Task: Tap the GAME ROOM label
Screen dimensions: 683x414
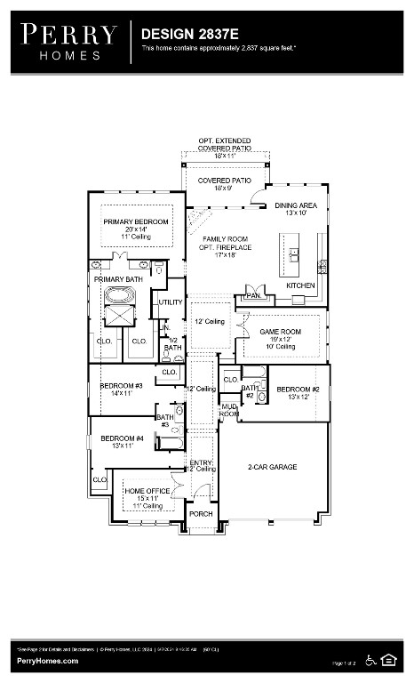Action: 280,332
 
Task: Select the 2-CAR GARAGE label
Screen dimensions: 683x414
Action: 271,466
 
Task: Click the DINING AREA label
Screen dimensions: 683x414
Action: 296,205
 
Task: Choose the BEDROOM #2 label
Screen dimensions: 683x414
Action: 298,390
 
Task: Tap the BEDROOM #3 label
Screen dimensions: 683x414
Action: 115,385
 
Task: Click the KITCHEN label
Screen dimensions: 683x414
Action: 300,285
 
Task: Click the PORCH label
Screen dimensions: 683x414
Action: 201,513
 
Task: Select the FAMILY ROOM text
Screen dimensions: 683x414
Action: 225,239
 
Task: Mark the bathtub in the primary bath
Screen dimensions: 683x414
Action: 117,295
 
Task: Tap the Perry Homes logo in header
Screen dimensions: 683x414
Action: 68,41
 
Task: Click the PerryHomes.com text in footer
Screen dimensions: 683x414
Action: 47,661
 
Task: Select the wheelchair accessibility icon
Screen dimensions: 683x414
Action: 370,659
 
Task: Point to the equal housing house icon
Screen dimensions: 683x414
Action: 389,659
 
